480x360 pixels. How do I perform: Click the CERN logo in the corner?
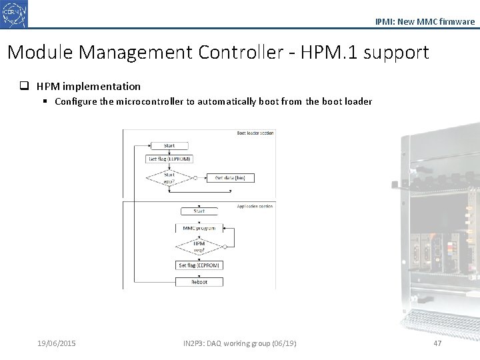15,14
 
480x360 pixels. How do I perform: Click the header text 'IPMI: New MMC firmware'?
425,22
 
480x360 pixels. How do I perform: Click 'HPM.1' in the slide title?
321,53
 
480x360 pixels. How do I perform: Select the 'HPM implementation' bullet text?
89,86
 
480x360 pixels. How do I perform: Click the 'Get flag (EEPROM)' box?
169,159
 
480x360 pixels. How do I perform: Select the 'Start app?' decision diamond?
169,178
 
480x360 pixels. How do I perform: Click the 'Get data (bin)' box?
230,178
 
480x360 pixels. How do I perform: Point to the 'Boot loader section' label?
255,133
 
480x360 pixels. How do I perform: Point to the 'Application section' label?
255,207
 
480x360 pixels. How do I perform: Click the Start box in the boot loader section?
169,145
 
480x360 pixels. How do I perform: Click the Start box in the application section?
199,211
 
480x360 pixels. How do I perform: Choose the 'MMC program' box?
199,229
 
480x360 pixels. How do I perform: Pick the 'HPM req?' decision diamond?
199,247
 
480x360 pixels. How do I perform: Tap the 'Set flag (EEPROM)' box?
199,265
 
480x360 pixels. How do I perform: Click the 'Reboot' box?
199,282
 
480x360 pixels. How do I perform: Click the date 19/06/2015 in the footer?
57,343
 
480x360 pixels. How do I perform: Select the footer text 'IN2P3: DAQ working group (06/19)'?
240,343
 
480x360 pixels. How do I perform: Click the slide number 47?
437,343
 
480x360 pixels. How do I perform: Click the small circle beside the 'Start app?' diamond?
195,178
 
